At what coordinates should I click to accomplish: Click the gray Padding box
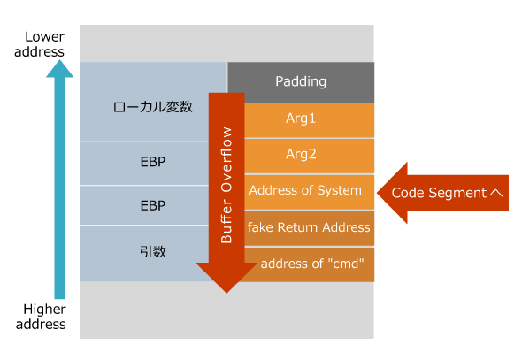(x=301, y=81)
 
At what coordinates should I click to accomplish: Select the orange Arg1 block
(x=301, y=119)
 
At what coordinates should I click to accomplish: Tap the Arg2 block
(x=301, y=154)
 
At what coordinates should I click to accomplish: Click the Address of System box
(x=305, y=190)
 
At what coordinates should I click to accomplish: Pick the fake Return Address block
(x=309, y=227)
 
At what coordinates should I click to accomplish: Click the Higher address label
(x=44, y=316)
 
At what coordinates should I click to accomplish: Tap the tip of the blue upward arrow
(x=59, y=69)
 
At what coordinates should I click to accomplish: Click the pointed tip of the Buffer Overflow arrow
(x=226, y=290)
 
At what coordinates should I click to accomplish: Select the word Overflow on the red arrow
(x=226, y=159)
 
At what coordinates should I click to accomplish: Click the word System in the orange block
(x=340, y=190)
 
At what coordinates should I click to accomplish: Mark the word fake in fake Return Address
(x=260, y=227)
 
